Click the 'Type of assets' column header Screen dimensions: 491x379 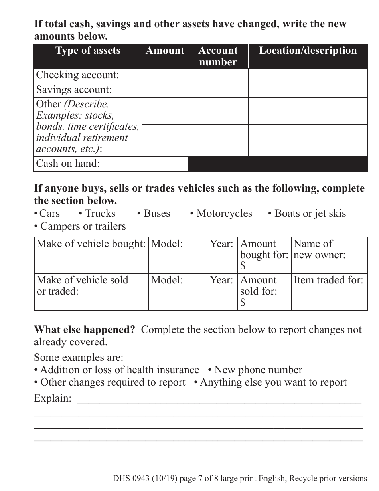[88, 51]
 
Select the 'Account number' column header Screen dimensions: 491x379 [218, 56]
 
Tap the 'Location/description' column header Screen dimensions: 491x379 [308, 51]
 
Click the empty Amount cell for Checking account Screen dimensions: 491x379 [165, 75]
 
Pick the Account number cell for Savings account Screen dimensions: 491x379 [218, 90]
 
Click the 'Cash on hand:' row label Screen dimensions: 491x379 [68, 164]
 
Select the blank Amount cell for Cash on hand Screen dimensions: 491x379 [165, 164]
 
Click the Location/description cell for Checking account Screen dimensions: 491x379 [308, 75]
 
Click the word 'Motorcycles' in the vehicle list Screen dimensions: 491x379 [224, 214]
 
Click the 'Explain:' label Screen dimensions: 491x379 [53, 398]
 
